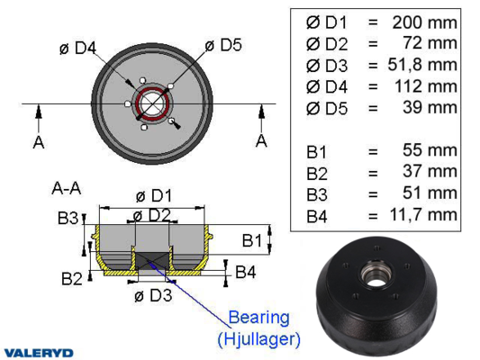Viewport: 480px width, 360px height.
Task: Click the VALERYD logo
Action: point(39,353)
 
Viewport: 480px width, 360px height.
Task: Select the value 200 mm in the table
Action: point(424,22)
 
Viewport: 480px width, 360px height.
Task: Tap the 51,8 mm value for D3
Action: point(422,65)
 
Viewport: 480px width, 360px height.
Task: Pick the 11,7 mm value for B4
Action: point(423,215)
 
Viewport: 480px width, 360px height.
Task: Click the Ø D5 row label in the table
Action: point(327,109)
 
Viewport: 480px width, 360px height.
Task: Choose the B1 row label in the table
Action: point(316,152)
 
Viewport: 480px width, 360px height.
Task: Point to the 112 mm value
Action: point(426,86)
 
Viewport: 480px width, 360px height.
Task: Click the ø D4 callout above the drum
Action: point(77,48)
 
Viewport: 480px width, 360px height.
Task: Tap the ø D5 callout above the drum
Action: point(223,45)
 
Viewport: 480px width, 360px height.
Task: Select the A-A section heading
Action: point(67,188)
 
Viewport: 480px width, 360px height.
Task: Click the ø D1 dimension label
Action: point(154,196)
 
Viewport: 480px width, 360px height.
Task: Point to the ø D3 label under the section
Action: point(153,295)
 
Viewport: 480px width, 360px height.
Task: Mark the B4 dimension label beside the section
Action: point(246,272)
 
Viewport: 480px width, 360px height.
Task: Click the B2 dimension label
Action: point(72,279)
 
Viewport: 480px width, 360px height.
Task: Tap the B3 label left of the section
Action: point(68,219)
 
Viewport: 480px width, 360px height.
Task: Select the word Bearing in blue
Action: point(259,319)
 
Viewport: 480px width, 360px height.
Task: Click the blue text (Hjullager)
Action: point(259,339)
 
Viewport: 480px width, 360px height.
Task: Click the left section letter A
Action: point(39,142)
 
